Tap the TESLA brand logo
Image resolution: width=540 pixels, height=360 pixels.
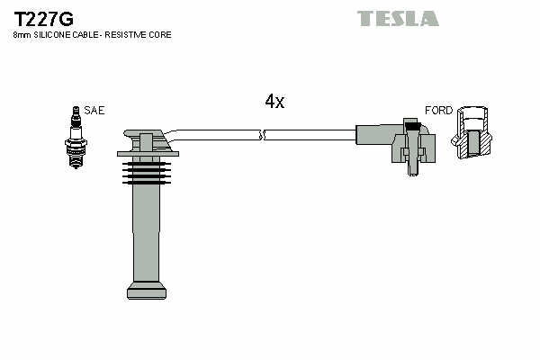[x=397, y=18]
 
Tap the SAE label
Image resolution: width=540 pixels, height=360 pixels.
[x=94, y=110]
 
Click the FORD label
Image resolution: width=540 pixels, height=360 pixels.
[x=438, y=110]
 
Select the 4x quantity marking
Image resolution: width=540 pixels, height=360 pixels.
[x=274, y=102]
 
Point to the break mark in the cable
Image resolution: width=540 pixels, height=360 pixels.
[x=262, y=135]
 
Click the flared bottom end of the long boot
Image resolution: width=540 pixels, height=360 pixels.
[x=147, y=289]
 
